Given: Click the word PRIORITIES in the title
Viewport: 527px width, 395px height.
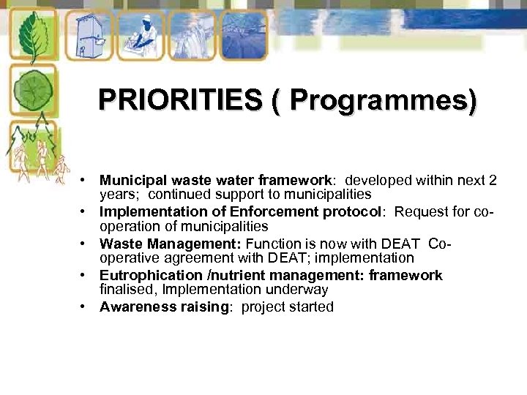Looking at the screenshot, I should click(179, 99).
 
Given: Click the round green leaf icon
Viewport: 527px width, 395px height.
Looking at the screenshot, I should click(33, 89).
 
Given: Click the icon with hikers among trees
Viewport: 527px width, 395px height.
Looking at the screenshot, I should click(33, 150).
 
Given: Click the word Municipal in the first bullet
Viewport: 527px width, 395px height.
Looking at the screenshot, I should click(129, 180).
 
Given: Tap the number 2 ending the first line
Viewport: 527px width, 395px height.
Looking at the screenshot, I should click(493, 180).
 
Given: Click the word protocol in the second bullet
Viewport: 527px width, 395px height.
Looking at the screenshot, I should click(356, 212).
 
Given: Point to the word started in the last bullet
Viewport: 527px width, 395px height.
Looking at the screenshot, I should click(310, 307).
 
